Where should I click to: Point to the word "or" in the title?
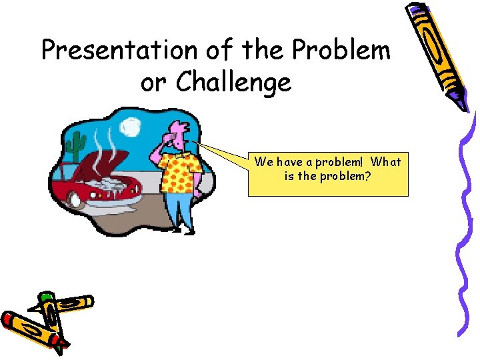pyautogui.click(x=154, y=83)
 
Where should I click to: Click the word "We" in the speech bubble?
pyautogui.click(x=263, y=162)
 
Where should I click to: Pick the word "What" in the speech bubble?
pyautogui.click(x=386, y=162)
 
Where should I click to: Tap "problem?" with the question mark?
pyautogui.click(x=349, y=178)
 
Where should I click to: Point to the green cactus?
pyautogui.click(x=77, y=143)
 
